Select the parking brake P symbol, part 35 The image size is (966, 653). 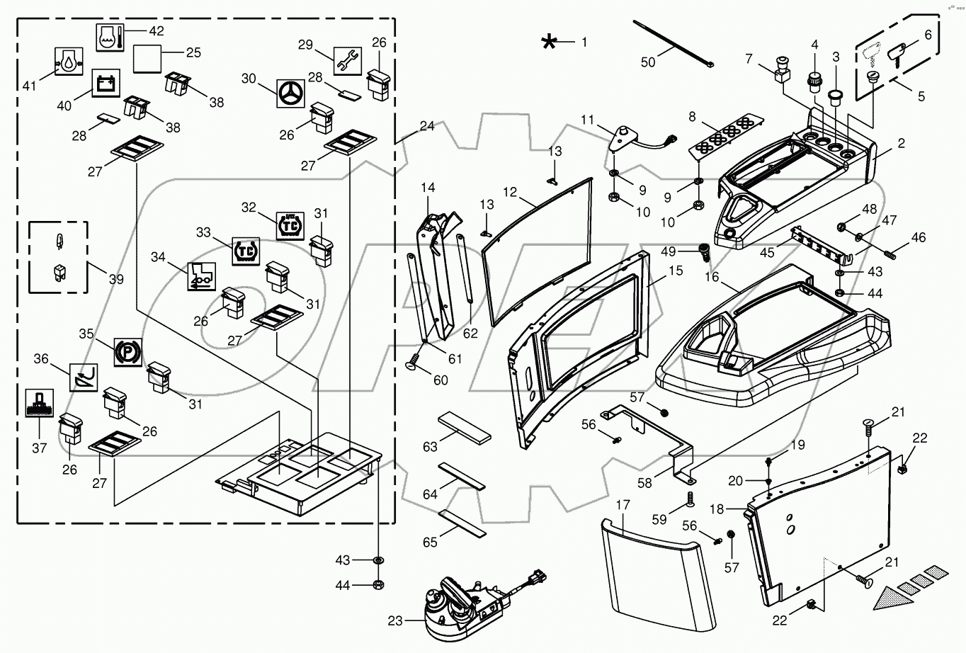[128, 351]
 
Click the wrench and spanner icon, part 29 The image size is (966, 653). [348, 61]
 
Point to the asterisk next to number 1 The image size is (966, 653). [549, 42]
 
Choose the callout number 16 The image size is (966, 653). [712, 277]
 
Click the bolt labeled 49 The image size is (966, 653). [704, 251]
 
